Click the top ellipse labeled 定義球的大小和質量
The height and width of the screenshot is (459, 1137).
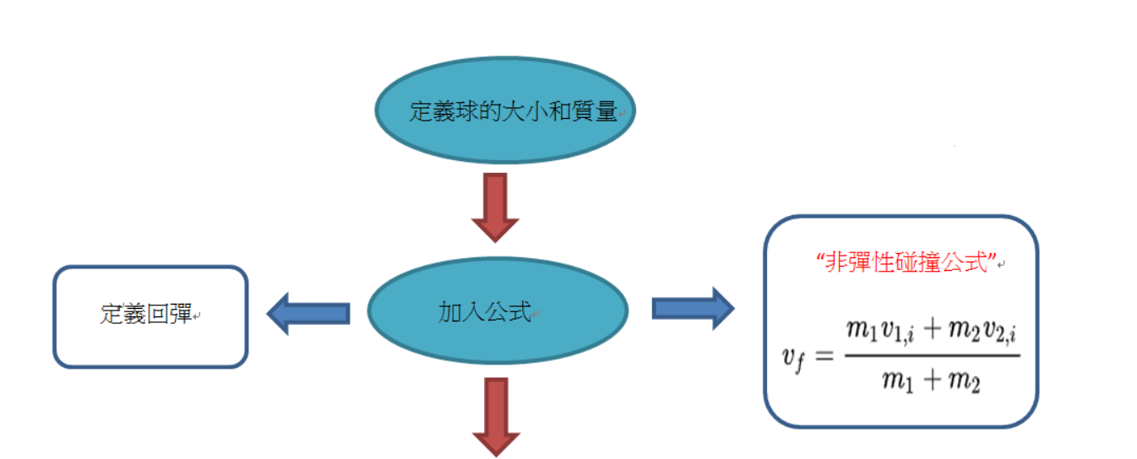505,110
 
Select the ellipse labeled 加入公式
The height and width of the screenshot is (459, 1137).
498,310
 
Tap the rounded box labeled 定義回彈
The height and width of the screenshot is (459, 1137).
150,316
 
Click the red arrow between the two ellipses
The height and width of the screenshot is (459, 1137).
495,208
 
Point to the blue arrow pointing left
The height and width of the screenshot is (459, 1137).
308,313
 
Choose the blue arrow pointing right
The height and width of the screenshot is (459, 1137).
694,308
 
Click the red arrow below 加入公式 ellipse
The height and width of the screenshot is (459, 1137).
497,417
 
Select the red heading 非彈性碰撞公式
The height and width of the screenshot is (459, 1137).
906,262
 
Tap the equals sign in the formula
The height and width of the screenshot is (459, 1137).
824,356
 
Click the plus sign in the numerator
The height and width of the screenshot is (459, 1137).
933,329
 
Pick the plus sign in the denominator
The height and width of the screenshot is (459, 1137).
933,380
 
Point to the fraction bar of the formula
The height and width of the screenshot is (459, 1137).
933,355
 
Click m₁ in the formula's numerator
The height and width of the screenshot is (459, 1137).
862,330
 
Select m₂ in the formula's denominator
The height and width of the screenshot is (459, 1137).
965,381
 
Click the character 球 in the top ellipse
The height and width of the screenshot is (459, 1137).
467,111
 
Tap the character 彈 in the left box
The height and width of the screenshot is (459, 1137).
181,314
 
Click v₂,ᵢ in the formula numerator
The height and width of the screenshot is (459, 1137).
1000,332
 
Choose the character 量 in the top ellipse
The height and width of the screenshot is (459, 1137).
606,111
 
